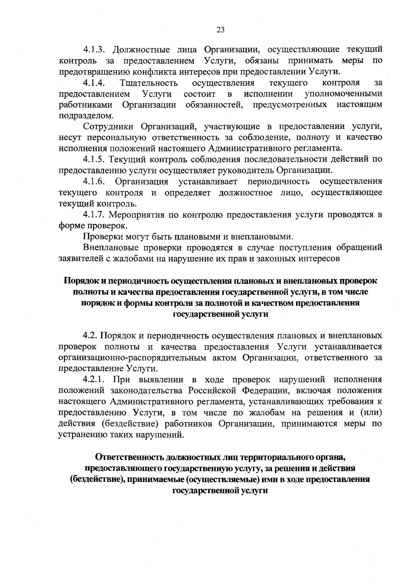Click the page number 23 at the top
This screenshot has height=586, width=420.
(x=220, y=30)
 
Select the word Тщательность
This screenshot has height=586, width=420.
(x=149, y=83)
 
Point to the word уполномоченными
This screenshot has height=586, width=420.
(x=343, y=94)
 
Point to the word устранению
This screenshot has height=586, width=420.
(x=83, y=435)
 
